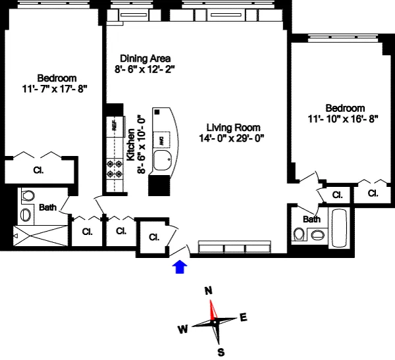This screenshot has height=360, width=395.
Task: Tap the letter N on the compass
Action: click(x=209, y=290)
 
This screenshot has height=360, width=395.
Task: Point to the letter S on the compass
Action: click(x=221, y=352)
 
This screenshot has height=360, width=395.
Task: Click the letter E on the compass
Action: click(x=243, y=318)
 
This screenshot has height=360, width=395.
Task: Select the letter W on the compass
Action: click(x=183, y=329)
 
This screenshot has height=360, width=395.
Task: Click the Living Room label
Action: click(x=233, y=127)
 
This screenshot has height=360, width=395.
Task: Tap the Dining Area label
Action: click(x=142, y=57)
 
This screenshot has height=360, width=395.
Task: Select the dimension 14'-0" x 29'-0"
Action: click(x=233, y=138)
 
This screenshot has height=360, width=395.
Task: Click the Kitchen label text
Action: click(x=131, y=145)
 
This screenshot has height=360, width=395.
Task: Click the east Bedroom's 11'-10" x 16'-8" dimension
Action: click(x=345, y=118)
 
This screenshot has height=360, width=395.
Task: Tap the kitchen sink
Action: click(x=163, y=160)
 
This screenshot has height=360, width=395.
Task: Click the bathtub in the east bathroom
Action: click(x=340, y=228)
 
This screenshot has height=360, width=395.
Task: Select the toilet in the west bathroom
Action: click(x=28, y=197)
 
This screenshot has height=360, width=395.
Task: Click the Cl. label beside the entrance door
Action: click(x=154, y=237)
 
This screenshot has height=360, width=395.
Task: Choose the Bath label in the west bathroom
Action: click(x=47, y=207)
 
